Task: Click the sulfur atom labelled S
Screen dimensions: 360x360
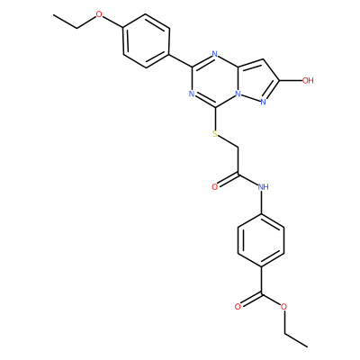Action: (x=214, y=134)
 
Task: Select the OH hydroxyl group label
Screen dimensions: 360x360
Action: (x=308, y=80)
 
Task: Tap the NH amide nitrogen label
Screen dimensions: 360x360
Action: (x=263, y=187)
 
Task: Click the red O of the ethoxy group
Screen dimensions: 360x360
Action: (x=100, y=14)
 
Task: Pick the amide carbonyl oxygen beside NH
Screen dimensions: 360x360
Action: (x=214, y=187)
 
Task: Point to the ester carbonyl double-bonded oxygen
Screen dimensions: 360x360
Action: (x=238, y=307)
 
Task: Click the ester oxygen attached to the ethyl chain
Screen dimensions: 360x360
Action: (x=284, y=307)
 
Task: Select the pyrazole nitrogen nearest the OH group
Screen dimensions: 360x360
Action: (x=264, y=103)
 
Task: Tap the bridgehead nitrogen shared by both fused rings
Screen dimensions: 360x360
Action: (x=238, y=94)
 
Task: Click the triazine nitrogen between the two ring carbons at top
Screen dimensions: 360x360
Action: (x=214, y=54)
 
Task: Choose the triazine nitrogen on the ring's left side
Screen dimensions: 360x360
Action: (x=192, y=94)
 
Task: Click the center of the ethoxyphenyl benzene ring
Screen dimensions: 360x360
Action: (x=146, y=40)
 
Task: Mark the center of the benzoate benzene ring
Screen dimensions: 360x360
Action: (x=261, y=241)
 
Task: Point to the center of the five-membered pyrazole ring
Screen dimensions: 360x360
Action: (x=256, y=80)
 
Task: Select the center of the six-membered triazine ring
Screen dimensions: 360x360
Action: (x=215, y=80)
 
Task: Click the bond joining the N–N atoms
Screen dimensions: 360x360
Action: (x=251, y=98)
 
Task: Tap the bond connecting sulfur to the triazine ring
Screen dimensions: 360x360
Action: (x=215, y=119)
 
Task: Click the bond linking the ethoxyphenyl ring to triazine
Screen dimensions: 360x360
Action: (x=181, y=60)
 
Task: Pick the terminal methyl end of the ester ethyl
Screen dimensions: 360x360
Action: (x=307, y=347)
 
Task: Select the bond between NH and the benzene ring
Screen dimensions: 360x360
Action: (x=262, y=202)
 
